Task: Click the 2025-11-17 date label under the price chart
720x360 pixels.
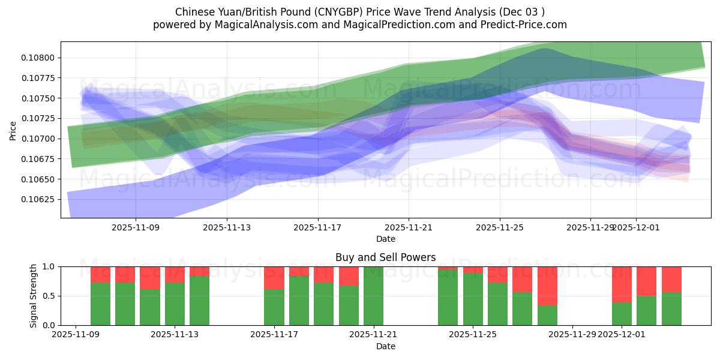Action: pyautogui.click(x=317, y=227)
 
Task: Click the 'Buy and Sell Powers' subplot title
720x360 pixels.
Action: pyautogui.click(x=385, y=257)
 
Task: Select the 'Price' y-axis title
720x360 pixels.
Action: pyautogui.click(x=13, y=130)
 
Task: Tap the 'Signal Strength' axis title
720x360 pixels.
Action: pyautogui.click(x=34, y=296)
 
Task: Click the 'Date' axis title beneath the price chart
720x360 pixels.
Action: pyautogui.click(x=385, y=239)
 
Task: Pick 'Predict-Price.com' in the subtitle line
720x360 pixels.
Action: pyautogui.click(x=526, y=25)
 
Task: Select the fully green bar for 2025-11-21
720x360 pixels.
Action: pyautogui.click(x=373, y=296)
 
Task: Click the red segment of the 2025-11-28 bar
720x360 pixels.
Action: pyautogui.click(x=547, y=286)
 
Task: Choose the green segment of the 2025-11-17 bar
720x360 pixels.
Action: pyautogui.click(x=274, y=307)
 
